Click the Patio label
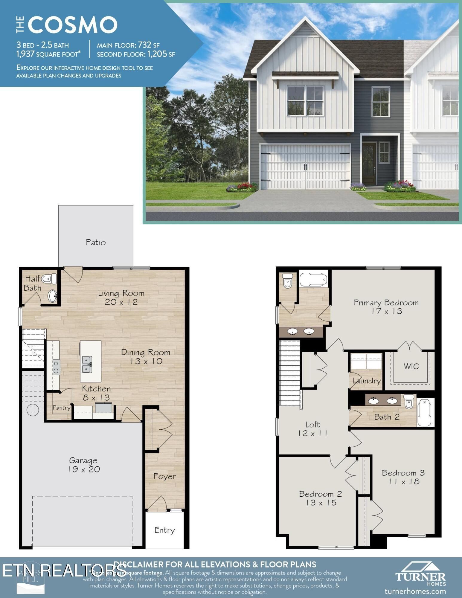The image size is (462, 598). click(96, 242)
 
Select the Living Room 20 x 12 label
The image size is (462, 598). click(121, 298)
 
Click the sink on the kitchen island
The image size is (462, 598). click(87, 365)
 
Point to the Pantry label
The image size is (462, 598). click(61, 408)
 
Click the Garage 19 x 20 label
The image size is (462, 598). click(83, 465)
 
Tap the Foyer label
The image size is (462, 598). click(164, 476)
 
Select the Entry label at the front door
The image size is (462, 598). click(164, 530)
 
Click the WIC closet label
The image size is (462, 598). click(411, 366)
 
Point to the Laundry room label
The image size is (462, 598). click(366, 381)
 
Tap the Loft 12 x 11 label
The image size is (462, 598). click(312, 429)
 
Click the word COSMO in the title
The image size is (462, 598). click(73, 25)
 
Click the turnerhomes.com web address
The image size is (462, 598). click(415, 591)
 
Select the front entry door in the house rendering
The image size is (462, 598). click(369, 163)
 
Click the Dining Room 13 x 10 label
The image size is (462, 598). click(146, 357)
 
